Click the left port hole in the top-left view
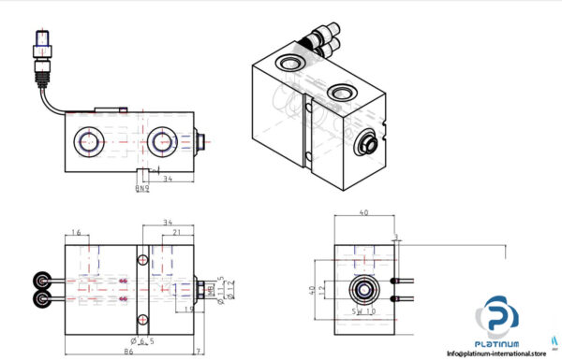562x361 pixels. pos(91,142)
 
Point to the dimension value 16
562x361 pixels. pos(76,232)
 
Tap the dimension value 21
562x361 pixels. pos(176,232)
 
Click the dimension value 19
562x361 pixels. pos(189,309)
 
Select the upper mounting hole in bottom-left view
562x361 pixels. pos(142,259)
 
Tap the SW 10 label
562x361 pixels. pos(362,310)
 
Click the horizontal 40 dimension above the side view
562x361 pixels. pos(364,212)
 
